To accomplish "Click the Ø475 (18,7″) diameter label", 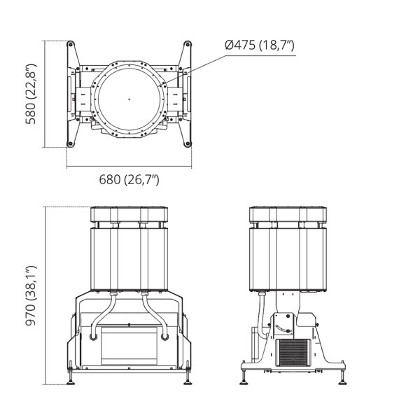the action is click(x=260, y=45).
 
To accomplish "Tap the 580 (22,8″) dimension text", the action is click(x=31, y=94).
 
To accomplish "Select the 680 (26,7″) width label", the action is click(x=129, y=179).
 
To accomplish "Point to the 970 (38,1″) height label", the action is click(x=31, y=295).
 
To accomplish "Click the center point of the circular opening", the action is click(x=129, y=99).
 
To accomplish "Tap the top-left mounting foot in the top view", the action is click(x=71, y=44).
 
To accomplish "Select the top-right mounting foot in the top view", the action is click(x=188, y=44).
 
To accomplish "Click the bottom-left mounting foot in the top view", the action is click(x=71, y=143).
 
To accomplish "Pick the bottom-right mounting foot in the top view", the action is click(x=188, y=143).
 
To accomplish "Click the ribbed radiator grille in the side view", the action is click(x=293, y=353).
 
